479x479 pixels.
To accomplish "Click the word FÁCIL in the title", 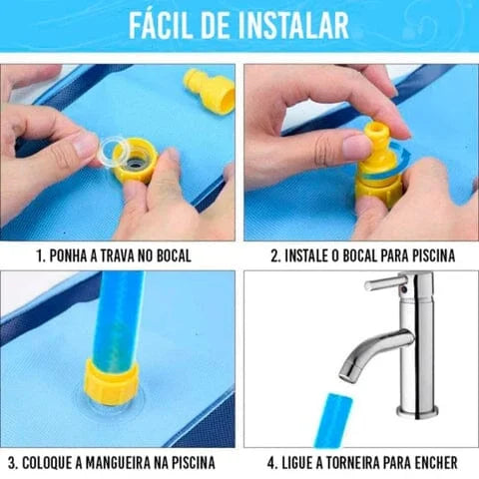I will pyautogui.click(x=170, y=25).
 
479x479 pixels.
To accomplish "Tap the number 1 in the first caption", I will pyautogui.click(x=40, y=255).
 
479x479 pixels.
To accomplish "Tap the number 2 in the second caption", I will pyautogui.click(x=274, y=255).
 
